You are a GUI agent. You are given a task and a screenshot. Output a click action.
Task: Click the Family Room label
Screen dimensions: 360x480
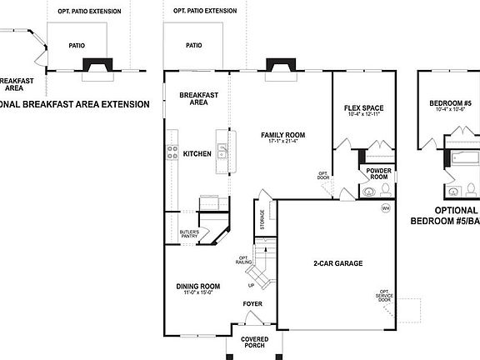pyautogui.click(x=282, y=134)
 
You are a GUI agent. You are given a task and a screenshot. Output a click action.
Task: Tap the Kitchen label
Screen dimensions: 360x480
pyautogui.click(x=197, y=153)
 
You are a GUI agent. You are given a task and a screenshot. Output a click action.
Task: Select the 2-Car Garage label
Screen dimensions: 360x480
pyautogui.click(x=337, y=263)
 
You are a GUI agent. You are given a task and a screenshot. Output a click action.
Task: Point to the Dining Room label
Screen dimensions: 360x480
pyautogui.click(x=198, y=287)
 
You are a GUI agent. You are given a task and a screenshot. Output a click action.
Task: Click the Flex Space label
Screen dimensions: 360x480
pyautogui.click(x=363, y=109)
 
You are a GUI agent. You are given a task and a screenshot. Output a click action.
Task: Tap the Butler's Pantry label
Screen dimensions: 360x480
pyautogui.click(x=189, y=233)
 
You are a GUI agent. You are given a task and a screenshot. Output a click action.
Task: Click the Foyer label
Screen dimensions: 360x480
pyautogui.click(x=252, y=304)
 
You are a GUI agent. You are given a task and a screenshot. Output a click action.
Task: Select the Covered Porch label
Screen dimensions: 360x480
pyautogui.click(x=254, y=342)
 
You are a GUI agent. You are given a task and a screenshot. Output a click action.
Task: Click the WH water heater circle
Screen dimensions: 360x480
pyautogui.click(x=386, y=207)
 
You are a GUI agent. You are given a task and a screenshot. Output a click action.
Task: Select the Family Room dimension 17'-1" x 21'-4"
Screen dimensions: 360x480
pyautogui.click(x=282, y=142)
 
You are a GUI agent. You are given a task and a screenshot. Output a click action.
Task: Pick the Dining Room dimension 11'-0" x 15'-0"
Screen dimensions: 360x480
pyautogui.click(x=198, y=293)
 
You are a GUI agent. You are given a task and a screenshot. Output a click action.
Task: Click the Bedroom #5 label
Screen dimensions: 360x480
pyautogui.click(x=450, y=103)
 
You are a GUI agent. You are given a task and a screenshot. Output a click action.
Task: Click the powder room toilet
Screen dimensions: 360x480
pyautogui.click(x=369, y=192)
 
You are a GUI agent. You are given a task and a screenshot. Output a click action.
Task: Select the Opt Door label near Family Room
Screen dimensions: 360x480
pyautogui.click(x=323, y=175)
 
